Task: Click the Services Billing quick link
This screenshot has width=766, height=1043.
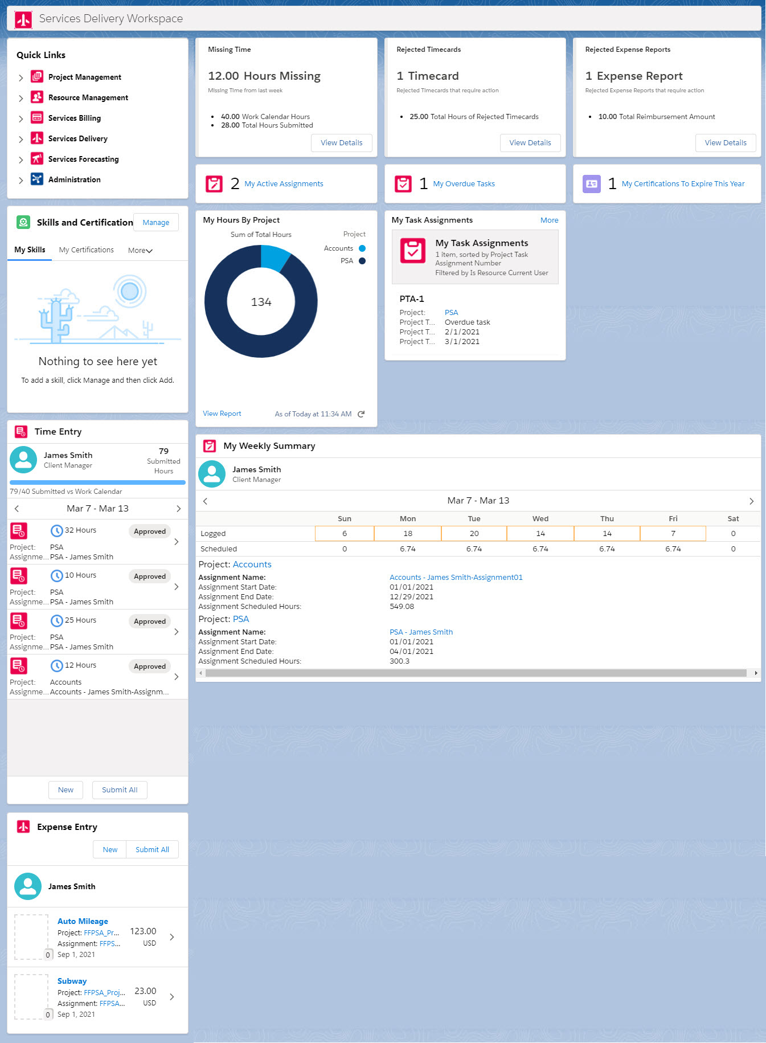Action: [74, 118]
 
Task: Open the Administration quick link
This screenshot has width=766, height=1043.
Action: [74, 179]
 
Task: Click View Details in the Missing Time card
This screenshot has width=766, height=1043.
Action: [341, 143]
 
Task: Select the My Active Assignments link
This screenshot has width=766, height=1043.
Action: [284, 184]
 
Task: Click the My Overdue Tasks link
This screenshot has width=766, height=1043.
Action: [464, 184]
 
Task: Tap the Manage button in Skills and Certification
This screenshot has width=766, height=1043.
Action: [155, 223]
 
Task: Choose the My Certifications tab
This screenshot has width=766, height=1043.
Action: [86, 250]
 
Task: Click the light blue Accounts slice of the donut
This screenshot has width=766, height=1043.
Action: [274, 257]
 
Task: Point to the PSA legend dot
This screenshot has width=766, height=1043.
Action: [362, 261]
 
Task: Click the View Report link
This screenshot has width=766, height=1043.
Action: [222, 414]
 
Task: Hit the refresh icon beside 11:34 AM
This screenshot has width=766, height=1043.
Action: [361, 414]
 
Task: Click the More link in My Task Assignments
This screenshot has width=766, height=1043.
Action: [549, 220]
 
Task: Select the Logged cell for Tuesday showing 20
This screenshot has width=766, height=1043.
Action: [474, 534]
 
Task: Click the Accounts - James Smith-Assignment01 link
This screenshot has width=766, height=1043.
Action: [456, 578]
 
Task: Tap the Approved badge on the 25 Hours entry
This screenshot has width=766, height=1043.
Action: [150, 621]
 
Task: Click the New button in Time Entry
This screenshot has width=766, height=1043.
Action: [65, 790]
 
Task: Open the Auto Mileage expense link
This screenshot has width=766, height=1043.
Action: [83, 921]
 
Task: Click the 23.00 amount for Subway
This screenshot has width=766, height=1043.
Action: [145, 991]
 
